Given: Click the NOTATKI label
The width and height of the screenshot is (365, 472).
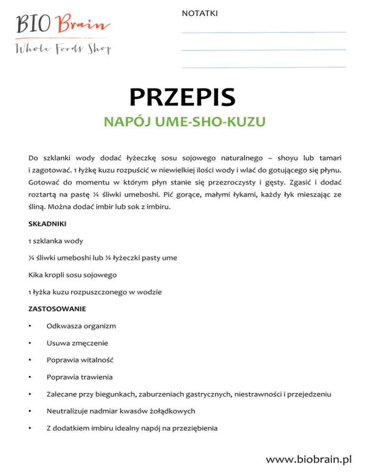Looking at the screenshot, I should point(200,13).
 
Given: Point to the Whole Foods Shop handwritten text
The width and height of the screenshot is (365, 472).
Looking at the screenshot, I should point(63,48).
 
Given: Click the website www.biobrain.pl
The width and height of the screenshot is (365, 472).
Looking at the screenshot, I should point(309,459).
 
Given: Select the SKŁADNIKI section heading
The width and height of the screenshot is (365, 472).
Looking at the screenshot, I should point(48,223).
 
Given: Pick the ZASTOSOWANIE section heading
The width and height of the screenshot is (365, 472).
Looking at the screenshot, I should point(57,309).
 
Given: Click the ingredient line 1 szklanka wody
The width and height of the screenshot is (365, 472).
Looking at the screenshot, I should point(56,241).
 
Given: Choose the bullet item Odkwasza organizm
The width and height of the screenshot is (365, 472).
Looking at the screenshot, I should point(81,326).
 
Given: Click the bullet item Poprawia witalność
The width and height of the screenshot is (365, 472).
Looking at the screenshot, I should point(80,360).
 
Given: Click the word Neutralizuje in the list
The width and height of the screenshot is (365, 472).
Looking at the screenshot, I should point(67,411).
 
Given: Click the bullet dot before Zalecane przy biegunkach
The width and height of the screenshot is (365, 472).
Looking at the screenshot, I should point(30,394).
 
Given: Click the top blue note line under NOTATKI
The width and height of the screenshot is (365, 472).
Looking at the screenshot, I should point(264,32).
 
